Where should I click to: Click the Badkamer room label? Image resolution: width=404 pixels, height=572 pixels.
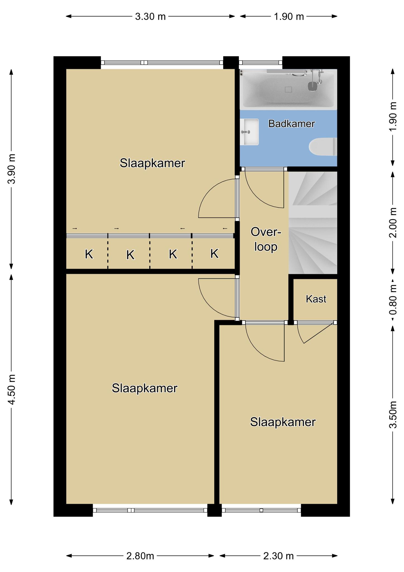tap(292, 124)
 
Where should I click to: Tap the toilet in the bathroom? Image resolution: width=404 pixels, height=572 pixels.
tap(323, 147)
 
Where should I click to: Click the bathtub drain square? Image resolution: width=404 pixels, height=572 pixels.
tap(288, 90)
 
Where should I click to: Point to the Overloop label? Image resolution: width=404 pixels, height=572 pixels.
tap(266, 239)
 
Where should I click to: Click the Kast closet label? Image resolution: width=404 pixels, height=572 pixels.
tap(316, 299)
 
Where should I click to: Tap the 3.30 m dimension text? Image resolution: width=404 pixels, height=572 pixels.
tap(150, 16)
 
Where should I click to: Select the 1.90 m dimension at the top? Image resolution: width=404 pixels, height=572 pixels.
tap(289, 16)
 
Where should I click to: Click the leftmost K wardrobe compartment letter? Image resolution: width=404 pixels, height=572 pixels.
tap(89, 254)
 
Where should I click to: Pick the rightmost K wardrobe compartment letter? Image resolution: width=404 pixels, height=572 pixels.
tap(214, 254)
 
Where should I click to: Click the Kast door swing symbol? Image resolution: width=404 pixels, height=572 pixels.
tap(315, 332)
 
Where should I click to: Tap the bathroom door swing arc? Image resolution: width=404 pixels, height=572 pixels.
tap(258, 196)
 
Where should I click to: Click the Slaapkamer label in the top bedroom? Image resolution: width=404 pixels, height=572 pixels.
tap(152, 163)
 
